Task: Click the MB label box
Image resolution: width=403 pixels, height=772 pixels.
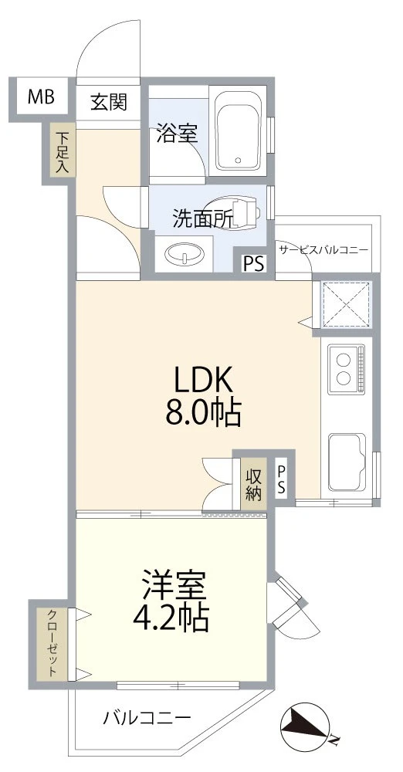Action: point(40,97)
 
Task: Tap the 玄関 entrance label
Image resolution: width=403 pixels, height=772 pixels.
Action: point(109,102)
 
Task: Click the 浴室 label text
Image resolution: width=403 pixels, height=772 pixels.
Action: point(177,134)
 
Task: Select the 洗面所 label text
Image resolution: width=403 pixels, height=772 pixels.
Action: point(202,218)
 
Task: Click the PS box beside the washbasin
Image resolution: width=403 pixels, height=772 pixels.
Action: point(253,263)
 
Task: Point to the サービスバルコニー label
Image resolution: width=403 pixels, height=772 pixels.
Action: point(323,250)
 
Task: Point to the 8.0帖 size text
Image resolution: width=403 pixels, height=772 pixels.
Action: point(202,415)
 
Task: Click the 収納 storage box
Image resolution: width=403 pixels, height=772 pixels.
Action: point(252,483)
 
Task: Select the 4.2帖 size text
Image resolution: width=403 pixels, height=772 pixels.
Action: point(174,618)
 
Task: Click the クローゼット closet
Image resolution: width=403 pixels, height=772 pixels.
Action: point(52,643)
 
